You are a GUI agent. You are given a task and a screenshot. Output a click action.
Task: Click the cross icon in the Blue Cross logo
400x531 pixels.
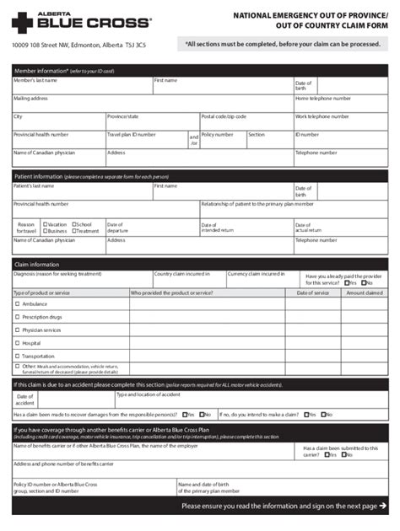pos(22,21)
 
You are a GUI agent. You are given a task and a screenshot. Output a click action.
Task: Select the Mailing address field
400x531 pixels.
pos(152,103)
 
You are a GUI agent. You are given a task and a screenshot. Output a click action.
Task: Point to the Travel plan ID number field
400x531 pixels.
pos(146,139)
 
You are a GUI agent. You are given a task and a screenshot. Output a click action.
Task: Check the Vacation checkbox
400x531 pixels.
pos(45,224)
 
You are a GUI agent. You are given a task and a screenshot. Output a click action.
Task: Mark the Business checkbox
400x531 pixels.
pos(45,231)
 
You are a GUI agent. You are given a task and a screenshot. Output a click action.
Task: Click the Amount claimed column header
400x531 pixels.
pos(365,292)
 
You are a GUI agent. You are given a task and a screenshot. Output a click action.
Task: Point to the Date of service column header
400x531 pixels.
pos(313,292)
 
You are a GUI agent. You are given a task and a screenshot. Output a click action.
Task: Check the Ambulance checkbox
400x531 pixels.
pos(18,303)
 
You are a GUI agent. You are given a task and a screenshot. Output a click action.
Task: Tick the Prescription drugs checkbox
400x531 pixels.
pos(18,317)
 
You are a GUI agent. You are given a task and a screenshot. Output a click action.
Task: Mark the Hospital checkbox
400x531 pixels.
pos(18,343)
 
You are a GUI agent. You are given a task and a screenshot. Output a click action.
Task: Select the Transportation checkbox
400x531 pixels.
pos(18,357)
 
